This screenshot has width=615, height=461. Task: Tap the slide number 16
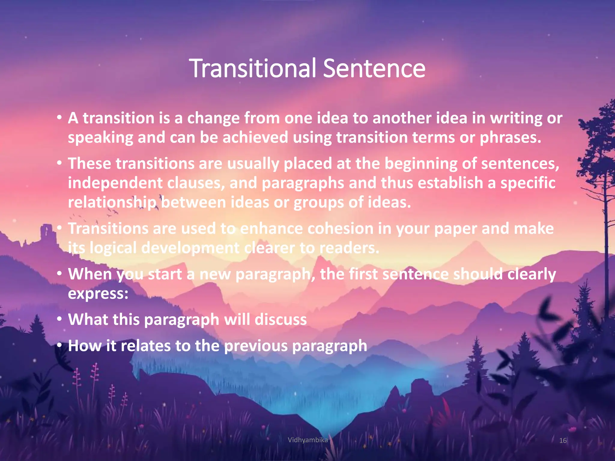coord(563,440)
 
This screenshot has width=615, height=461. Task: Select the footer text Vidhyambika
coord(307,440)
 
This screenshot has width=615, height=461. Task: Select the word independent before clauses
coord(115,183)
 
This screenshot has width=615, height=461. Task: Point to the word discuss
coord(281,319)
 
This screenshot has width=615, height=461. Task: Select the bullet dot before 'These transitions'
coord(60,163)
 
